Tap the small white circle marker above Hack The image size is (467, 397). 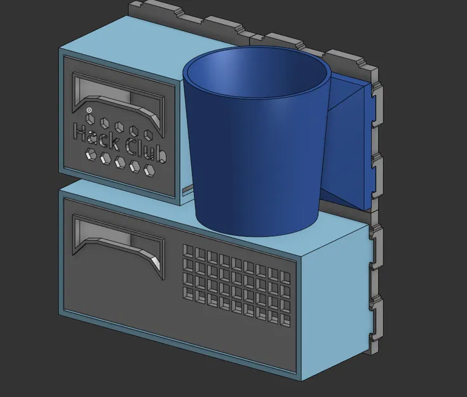coord(89,110)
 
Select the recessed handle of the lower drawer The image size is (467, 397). coord(117,241)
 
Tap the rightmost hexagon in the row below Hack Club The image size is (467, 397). coord(150,170)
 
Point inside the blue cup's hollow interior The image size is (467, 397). coord(254,76)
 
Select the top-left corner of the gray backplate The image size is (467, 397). coord(131,5)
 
